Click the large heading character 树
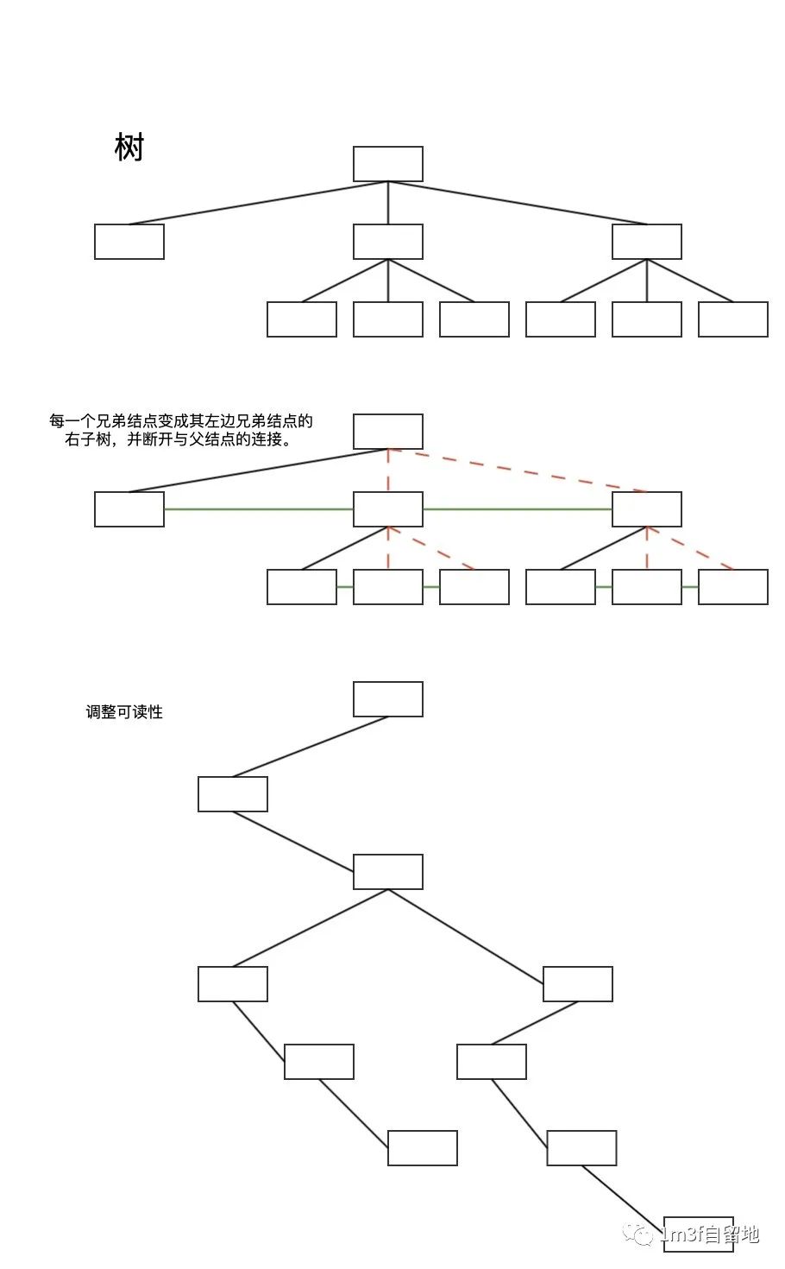click(x=129, y=148)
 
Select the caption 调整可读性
click(x=124, y=712)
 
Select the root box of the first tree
click(x=388, y=164)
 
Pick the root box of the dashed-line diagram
click(x=388, y=432)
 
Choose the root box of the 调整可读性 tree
click(x=388, y=699)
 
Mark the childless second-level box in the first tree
click(x=129, y=242)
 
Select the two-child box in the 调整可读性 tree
click(x=388, y=872)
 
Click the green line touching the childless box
click(x=259, y=509)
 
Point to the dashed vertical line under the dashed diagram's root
click(x=388, y=470)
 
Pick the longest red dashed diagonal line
click(x=518, y=470)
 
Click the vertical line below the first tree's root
click(x=388, y=203)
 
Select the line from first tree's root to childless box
click(x=259, y=203)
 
